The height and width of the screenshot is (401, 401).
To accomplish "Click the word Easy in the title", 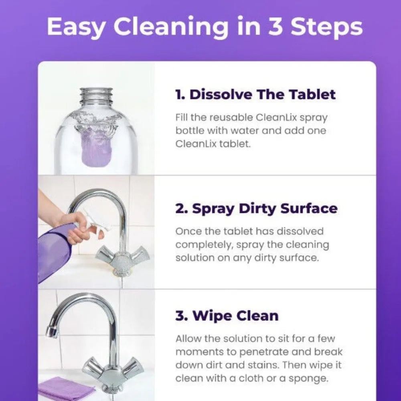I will coord(76,27).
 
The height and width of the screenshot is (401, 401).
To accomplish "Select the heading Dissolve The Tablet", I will coord(255,95).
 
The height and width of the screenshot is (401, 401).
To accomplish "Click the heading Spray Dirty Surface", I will coord(256,209).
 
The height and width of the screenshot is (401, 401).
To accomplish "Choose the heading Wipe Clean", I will coord(227,316).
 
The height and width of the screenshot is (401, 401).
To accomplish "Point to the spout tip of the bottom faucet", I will coord(51,332).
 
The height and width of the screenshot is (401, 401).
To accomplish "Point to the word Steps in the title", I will coord(326,27).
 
